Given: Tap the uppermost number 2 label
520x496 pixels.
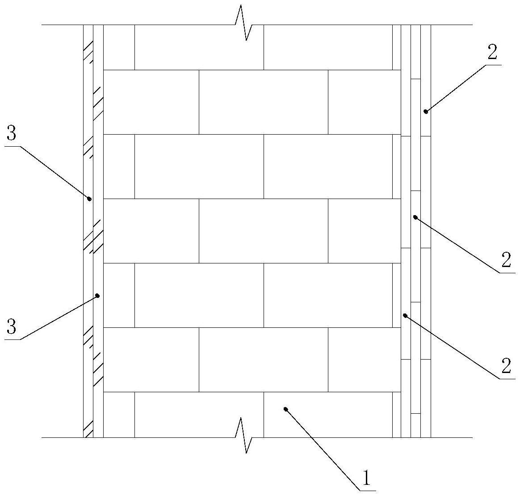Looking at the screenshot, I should [x=491, y=53].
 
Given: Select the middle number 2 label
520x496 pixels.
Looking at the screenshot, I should [x=506, y=260].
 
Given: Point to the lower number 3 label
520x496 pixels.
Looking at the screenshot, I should [x=12, y=327].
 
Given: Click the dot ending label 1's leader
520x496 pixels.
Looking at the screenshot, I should [x=286, y=409].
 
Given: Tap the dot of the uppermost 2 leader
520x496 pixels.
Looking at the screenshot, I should [x=426, y=111].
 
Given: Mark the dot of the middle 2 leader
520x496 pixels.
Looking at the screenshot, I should [x=415, y=217].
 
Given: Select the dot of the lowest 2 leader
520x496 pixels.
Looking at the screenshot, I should [x=405, y=315].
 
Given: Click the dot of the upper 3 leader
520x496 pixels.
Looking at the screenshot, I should [x=89, y=199].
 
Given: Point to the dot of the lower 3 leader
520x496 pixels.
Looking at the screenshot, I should [x=97, y=296].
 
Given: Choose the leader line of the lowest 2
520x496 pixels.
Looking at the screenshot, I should [x=451, y=347].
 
